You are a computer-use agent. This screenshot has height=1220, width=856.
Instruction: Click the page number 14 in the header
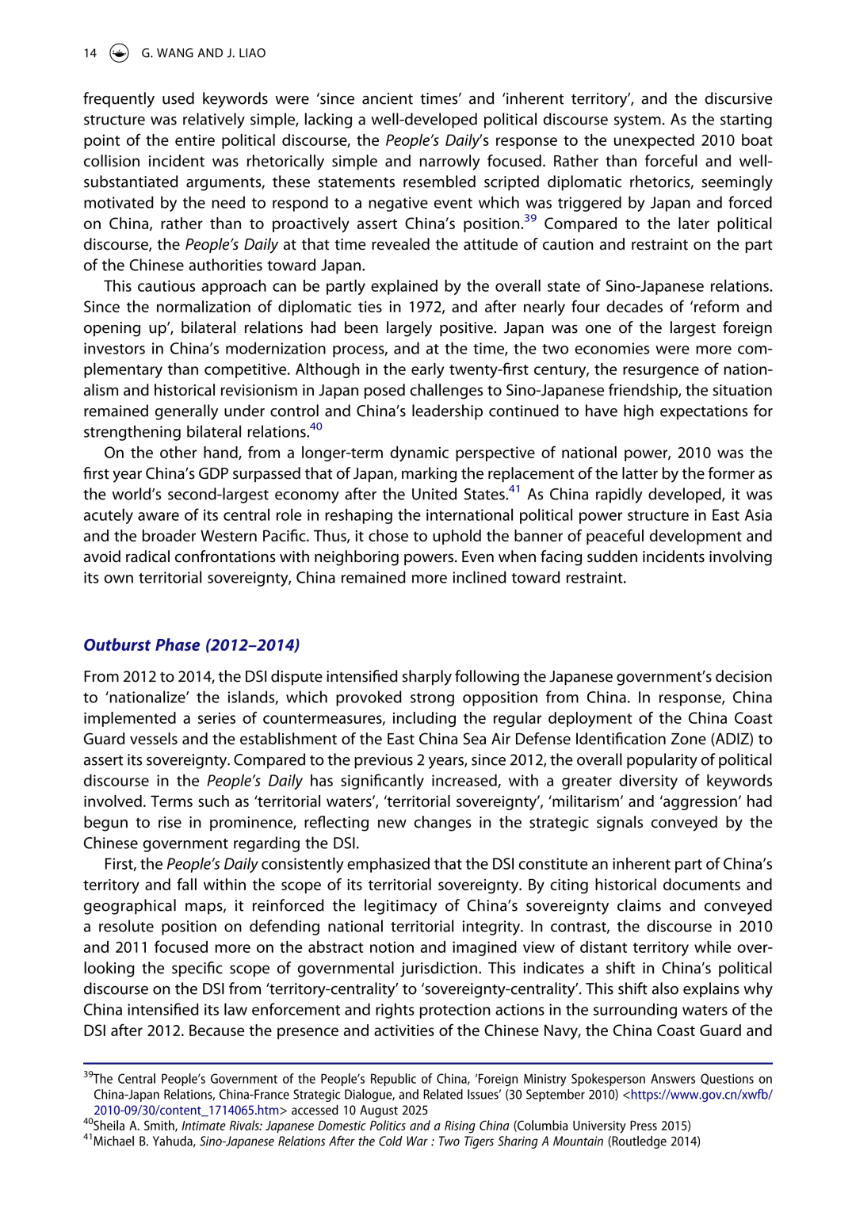pos(90,53)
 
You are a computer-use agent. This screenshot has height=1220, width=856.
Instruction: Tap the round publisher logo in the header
pos(119,53)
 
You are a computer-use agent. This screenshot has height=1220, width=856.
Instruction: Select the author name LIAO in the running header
pos(252,53)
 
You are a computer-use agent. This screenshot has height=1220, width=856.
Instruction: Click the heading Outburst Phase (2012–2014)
pos(191,645)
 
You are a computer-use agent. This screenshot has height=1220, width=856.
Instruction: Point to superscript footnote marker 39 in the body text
pos(529,219)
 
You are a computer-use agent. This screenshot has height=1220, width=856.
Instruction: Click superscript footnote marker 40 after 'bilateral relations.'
pos(316,426)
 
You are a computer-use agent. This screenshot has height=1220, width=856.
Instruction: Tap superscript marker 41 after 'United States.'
pos(514,489)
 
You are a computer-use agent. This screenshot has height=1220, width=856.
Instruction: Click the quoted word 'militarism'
pos(594,801)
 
